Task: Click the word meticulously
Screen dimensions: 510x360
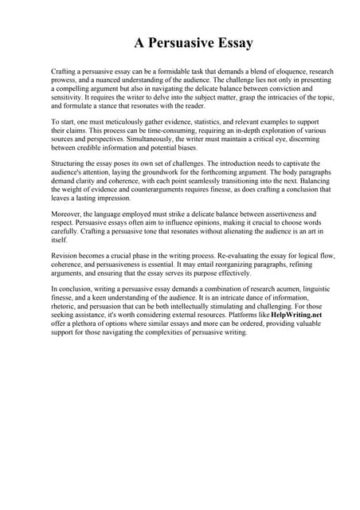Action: [123, 118]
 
